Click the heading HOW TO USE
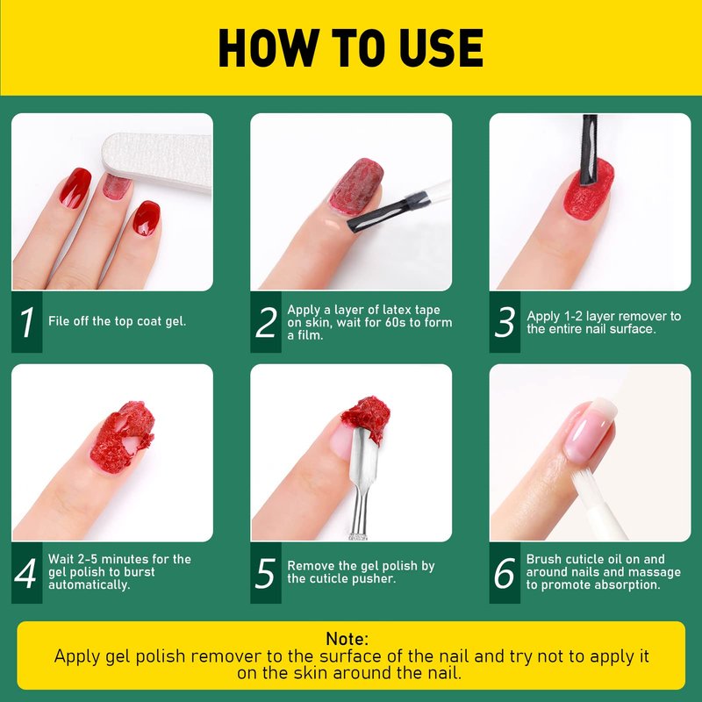point(350,48)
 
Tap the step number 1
point(27,322)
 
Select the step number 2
point(266,322)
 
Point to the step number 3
point(505,322)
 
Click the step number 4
point(25,573)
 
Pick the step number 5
point(265,573)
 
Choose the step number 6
point(504,573)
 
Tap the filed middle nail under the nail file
point(116,186)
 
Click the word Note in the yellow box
point(347,639)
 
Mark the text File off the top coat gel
point(117,321)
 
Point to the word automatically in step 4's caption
point(90,584)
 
